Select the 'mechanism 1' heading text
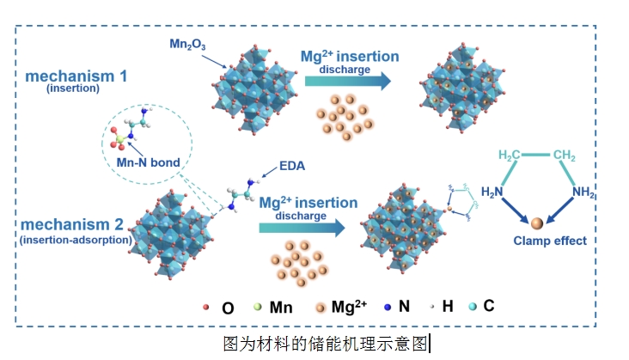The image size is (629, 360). tap(76, 76)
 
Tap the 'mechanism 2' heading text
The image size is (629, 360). tap(75, 225)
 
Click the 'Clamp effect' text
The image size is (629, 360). tap(550, 241)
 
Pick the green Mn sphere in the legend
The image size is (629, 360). tap(258, 307)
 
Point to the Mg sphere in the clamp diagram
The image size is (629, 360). tap(536, 223)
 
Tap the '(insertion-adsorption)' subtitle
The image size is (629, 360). tap(76, 241)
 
